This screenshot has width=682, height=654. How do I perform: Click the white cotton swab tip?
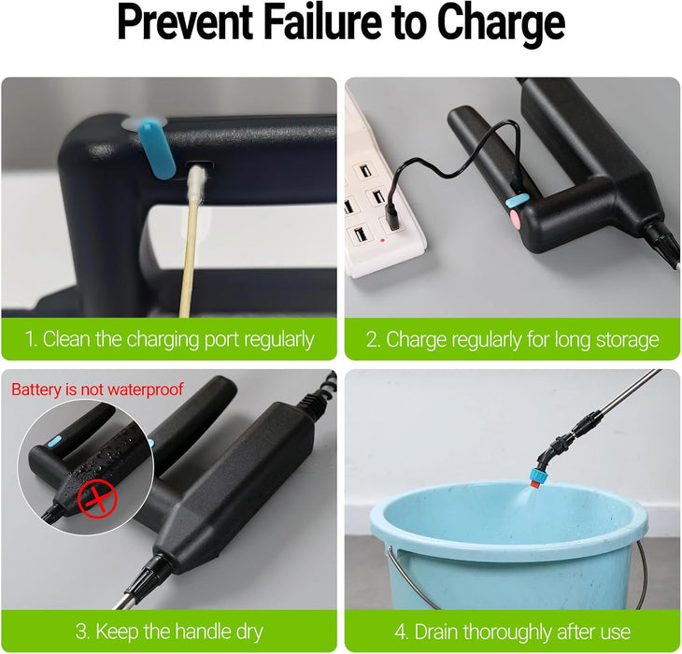197,181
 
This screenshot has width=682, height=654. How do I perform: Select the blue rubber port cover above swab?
157,149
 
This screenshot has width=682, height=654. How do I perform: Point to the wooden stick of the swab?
189,256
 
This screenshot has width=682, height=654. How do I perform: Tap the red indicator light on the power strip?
382,240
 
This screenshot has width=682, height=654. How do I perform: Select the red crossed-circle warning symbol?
97,499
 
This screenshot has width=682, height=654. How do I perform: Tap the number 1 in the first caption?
30,339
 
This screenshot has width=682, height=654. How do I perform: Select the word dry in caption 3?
249,632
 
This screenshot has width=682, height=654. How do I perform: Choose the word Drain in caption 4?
437,632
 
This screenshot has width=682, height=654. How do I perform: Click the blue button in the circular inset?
54,442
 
